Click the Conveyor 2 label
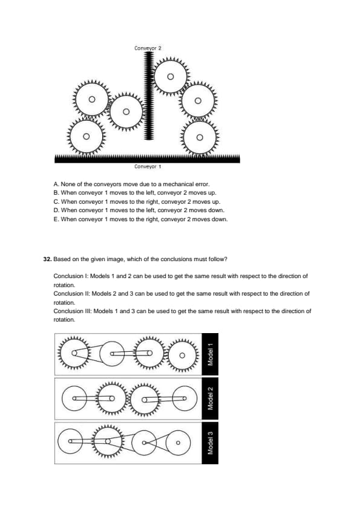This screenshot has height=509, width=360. tap(148, 48)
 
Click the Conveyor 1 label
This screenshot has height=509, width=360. tap(148, 166)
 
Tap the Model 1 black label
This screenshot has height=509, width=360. tap(210, 354)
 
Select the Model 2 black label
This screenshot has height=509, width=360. tap(210, 398)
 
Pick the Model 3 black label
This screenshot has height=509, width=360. tap(210, 443)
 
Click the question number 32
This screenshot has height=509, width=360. tap(47, 259)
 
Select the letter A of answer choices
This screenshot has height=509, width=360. tap(56, 184)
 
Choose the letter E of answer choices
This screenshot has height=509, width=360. tap(56, 219)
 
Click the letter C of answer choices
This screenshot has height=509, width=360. tap(56, 202)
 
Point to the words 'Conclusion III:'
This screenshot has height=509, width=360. tap(73, 311)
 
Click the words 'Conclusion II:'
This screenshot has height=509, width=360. tap(72, 293)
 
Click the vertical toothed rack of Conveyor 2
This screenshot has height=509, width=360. tap(149, 96)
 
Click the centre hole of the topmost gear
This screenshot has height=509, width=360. tap(170, 77)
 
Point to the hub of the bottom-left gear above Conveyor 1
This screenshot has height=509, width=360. tap(86, 137)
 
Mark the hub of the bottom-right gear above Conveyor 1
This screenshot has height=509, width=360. tap(200, 137)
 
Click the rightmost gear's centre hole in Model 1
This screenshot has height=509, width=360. tap(182, 355)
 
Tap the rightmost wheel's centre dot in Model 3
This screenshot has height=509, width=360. tap(178, 442)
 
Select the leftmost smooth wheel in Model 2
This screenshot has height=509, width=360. tap(74, 398)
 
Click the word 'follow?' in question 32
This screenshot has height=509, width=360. tap(218, 259)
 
